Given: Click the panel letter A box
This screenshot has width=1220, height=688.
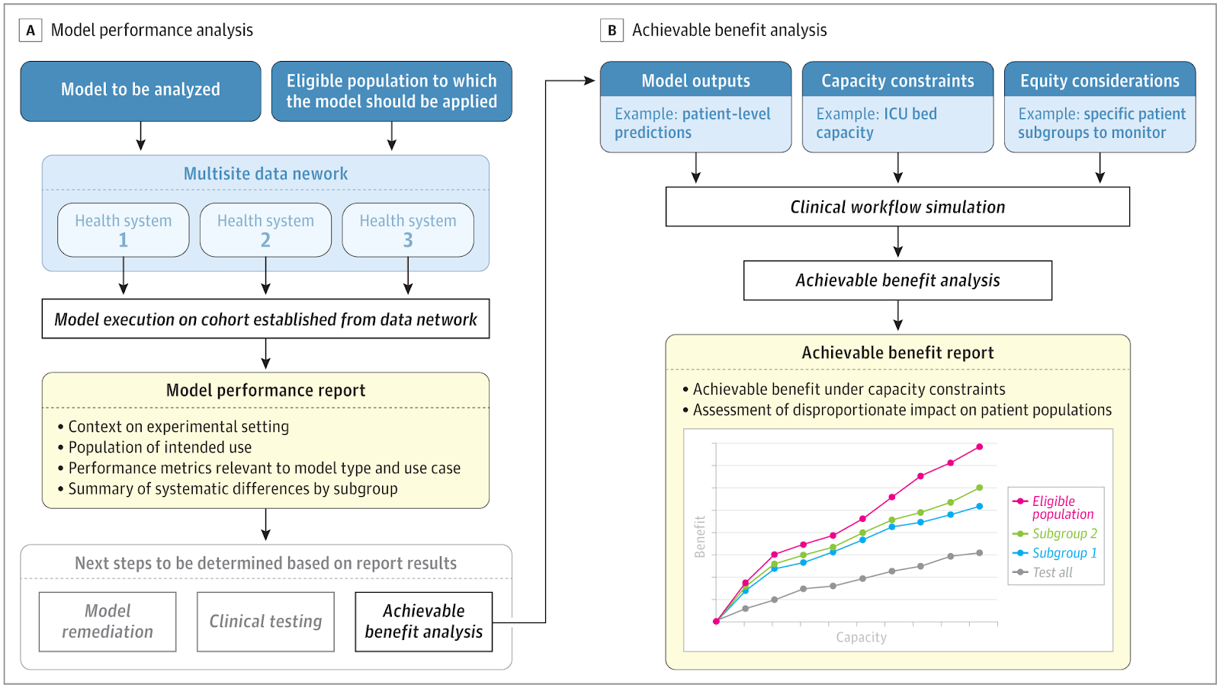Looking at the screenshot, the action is pos(30,30).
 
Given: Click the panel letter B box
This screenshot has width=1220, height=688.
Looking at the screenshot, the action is pos(612,30).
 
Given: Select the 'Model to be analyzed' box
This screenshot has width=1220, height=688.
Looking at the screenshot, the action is pos(140,91).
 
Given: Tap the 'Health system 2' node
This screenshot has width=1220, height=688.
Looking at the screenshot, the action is pos(266,229).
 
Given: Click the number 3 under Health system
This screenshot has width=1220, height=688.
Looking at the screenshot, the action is pos(408,240).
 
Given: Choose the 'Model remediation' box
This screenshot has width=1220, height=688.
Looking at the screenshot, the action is pos(108,622).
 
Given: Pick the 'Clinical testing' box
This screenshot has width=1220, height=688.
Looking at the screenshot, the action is pos(266,622).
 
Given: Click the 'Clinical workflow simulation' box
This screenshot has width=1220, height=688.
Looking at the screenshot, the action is pos(897,206).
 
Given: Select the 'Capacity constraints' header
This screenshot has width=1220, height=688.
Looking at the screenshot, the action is pos(897,80).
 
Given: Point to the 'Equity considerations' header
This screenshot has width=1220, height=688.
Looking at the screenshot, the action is pos(1100,80).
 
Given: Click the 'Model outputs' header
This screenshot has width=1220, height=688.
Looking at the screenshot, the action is pos(695,80).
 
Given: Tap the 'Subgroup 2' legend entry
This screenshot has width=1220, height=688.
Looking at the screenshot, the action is pos(1055,533).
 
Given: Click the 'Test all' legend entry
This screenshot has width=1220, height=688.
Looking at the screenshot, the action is pos(1042,573).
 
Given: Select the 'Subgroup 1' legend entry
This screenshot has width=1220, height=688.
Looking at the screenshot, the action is pos(1055,553).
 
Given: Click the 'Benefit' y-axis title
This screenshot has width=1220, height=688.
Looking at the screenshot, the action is pos(700,536).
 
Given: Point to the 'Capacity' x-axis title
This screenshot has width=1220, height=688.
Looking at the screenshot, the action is pos(861,637).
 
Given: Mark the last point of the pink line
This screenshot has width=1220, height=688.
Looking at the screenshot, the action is pos(979,447).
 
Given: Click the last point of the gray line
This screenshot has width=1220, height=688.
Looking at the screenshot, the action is pos(979,553).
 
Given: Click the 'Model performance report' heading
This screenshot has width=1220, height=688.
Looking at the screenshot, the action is pos(266,390).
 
